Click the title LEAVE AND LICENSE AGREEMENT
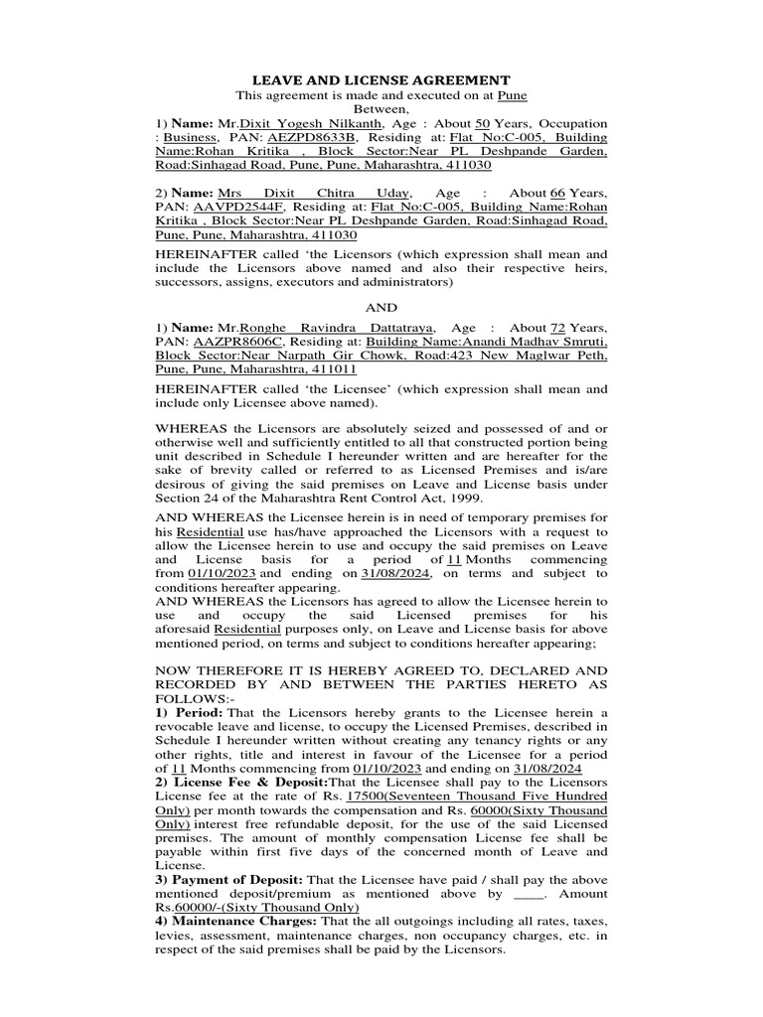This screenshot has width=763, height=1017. click(x=381, y=79)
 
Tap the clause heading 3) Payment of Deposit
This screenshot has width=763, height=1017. click(x=229, y=880)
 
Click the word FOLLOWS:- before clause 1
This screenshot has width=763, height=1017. click(x=190, y=698)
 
